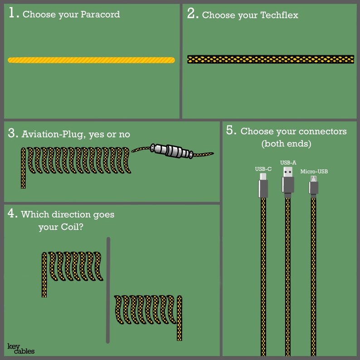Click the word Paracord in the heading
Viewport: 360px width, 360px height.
point(100,15)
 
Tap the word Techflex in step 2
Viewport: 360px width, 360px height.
point(279,15)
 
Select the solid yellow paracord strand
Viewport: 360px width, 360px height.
point(91,60)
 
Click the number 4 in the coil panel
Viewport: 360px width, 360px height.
point(13,214)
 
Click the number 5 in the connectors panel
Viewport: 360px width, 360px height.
point(231,131)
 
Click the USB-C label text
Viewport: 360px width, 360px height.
point(263,169)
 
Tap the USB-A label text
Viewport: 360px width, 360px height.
point(288,162)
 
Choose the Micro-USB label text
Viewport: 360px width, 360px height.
point(314,171)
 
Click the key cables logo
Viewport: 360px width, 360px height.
point(21,348)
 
